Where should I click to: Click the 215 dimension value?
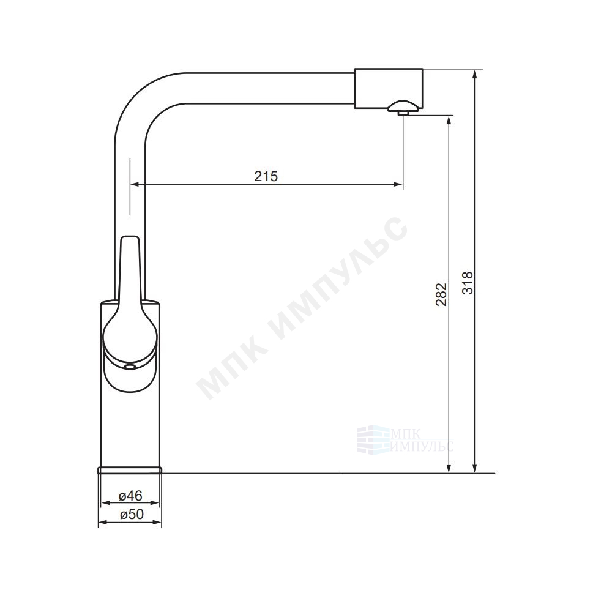[266, 176]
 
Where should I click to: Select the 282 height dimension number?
[441, 294]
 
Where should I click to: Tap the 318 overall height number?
[467, 283]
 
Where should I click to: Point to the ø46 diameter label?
[130, 496]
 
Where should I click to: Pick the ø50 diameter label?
[132, 515]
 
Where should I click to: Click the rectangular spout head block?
[389, 89]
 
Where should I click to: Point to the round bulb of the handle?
[130, 335]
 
